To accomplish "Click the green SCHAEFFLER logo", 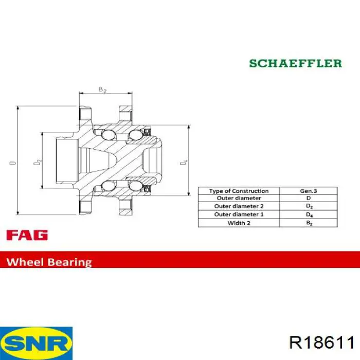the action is click(296, 63).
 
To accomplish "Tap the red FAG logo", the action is click(27, 235).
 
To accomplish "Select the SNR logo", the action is click(37, 343).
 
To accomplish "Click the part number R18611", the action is click(322, 343).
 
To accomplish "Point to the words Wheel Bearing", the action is click(49, 262).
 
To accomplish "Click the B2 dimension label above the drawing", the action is click(102, 89).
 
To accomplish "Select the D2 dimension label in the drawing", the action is click(38, 162).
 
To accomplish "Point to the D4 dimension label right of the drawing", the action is click(184, 161).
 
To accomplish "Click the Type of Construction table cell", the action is click(239, 191).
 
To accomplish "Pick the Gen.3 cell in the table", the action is click(309, 191).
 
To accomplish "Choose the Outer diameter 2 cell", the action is click(239, 206).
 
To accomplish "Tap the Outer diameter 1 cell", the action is click(239, 214).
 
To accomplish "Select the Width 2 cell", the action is click(239, 223).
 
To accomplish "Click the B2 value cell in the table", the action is click(309, 223).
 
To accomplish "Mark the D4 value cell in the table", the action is click(309, 214).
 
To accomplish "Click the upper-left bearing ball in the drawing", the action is click(108, 135).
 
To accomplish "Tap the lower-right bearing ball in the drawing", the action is click(135, 186).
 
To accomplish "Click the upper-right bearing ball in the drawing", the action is click(135, 135).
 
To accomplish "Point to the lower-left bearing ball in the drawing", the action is click(108, 186).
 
